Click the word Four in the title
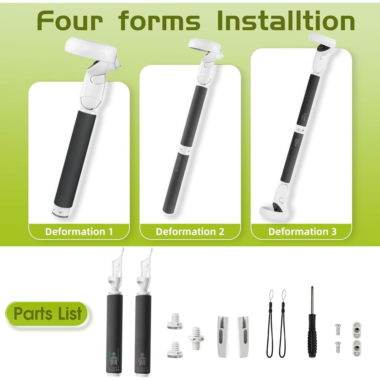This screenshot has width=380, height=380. pyautogui.click(x=70, y=21)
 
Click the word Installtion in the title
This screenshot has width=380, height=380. pyautogui.click(x=286, y=21)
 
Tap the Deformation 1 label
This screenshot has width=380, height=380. pyautogui.click(x=79, y=232)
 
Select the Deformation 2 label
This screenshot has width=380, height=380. pyautogui.click(x=190, y=232)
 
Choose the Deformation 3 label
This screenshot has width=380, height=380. pyautogui.click(x=302, y=232)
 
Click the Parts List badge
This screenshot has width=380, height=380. pyautogui.click(x=47, y=314)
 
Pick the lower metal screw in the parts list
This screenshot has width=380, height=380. pyautogui.click(x=337, y=347)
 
